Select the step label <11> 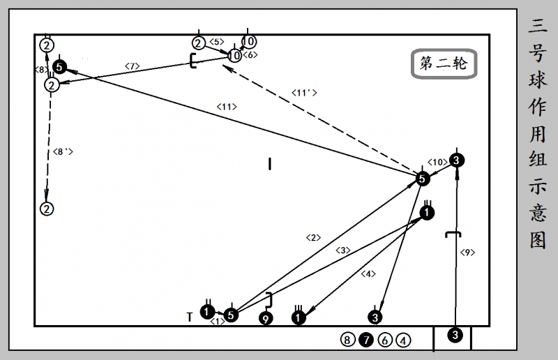(x=227, y=107)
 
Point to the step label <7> (x=132, y=66)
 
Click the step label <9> (x=467, y=253)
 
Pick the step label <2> (x=313, y=237)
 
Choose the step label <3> (x=342, y=250)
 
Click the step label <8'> (x=63, y=151)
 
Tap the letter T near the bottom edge (x=189, y=317)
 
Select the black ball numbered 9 (x=266, y=318)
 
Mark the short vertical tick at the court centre (x=270, y=164)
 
